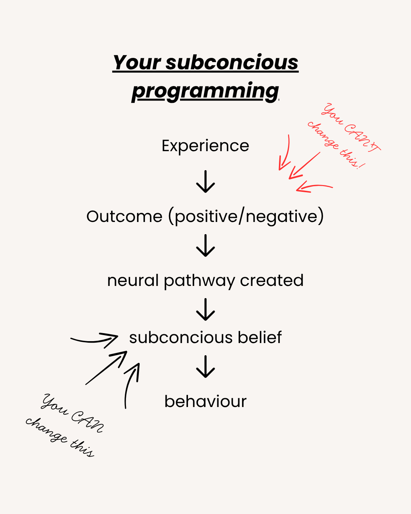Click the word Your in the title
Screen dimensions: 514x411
tap(137, 62)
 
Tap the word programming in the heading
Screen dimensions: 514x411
tap(205, 91)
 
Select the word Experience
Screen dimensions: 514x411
tap(205, 146)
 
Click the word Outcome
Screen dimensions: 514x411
tap(124, 216)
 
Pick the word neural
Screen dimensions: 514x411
tap(133, 281)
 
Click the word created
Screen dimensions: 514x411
tap(272, 281)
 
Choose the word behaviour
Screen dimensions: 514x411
tap(205, 401)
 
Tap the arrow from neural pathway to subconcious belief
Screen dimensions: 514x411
tap(205, 309)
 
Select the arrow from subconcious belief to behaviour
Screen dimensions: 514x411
tap(205, 366)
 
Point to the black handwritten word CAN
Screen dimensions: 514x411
tap(87, 421)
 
